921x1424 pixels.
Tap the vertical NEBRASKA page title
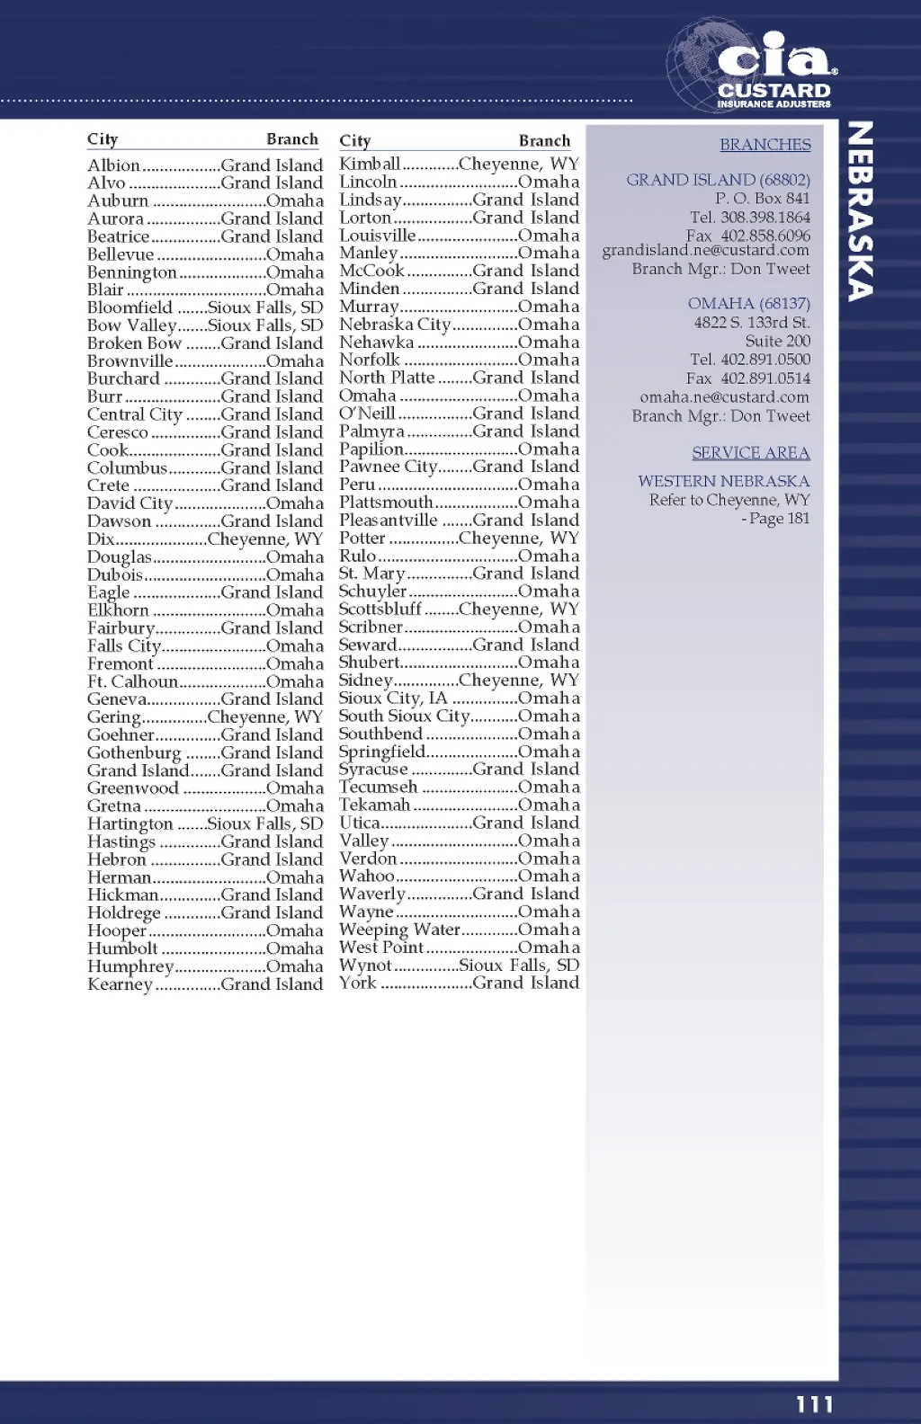coord(861,211)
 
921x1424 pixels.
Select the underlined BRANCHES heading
coord(765,145)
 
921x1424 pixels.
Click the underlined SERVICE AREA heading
coord(750,453)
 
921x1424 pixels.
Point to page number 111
coord(814,1404)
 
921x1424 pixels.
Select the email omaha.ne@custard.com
coord(724,397)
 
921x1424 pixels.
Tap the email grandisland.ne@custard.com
coord(705,250)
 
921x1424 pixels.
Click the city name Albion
coord(113,165)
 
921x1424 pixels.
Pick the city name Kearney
coord(120,984)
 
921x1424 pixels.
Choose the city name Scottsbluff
coord(380,610)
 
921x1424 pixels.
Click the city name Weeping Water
coord(399,930)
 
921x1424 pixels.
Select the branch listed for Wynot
coord(519,966)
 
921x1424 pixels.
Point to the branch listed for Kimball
coord(518,164)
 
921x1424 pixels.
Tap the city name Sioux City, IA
coord(392,699)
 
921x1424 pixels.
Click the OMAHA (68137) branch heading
coord(748,304)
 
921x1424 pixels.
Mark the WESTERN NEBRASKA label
coord(723,482)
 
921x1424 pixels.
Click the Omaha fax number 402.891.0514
coord(765,378)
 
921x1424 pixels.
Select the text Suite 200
coord(777,342)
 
